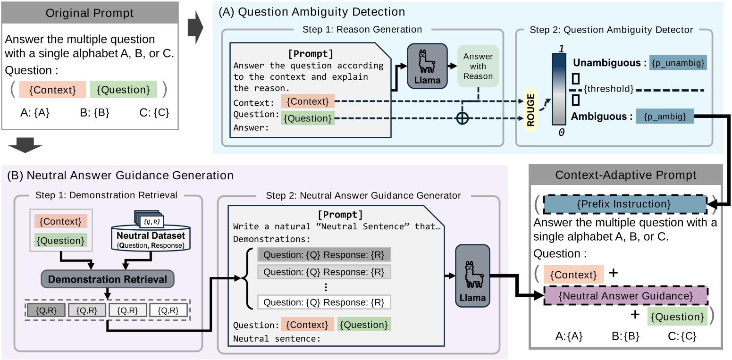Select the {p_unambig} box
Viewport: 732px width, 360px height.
pos(678,63)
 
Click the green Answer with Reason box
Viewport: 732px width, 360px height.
pos(478,67)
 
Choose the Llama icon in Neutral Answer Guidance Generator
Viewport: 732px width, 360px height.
pos(472,275)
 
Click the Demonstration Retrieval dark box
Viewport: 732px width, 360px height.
pos(108,279)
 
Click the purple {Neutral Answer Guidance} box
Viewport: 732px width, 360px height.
pos(625,296)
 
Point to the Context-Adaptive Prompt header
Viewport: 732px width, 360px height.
pos(626,175)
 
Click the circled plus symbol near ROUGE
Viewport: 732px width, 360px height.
pos(463,119)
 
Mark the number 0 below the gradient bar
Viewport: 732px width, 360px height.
pos(561,133)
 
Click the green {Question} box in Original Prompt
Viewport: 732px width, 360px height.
pos(123,90)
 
